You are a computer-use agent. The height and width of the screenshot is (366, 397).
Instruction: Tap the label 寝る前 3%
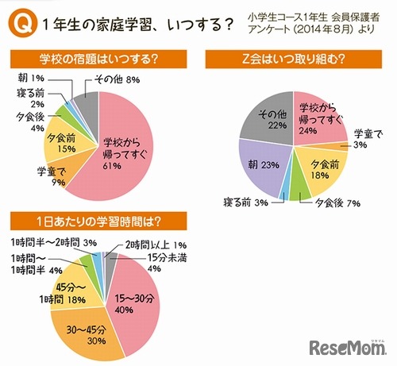[249, 204]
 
